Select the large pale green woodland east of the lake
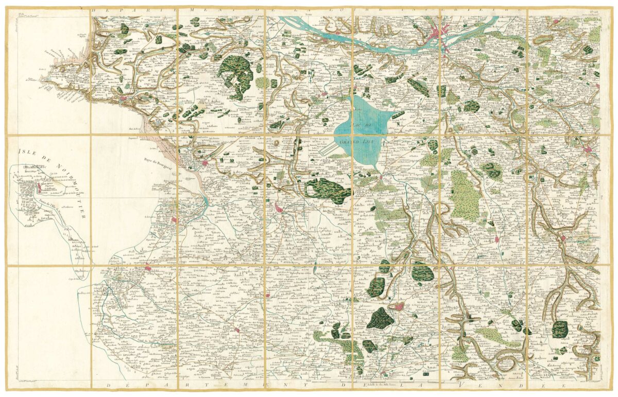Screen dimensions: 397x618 465,195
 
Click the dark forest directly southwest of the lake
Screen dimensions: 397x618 324,189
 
